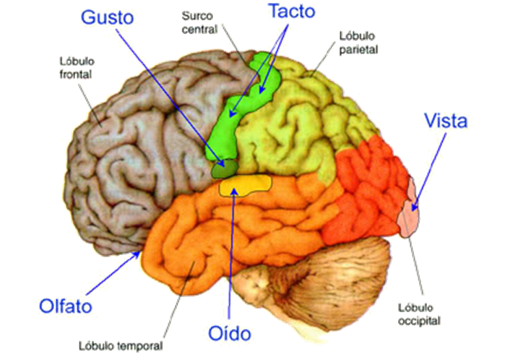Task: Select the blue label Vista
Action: coord(445,121)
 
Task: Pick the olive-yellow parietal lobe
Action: coord(296,123)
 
